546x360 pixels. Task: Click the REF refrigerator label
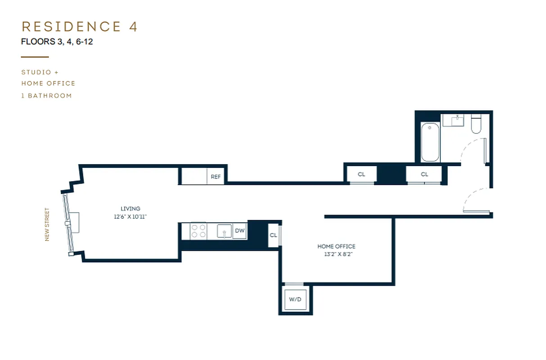pos(216,177)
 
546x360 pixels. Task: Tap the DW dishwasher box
pos(240,231)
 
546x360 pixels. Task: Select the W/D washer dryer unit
pos(295,299)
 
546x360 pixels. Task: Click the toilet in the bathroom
pos(476,125)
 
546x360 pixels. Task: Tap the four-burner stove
pos(198,231)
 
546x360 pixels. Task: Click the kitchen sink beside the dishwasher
pos(224,231)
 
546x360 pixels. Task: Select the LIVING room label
pos(131,209)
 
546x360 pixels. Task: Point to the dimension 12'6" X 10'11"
pos(131,216)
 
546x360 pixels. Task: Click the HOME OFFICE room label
pos(336,246)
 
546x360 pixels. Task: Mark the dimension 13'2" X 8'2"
pos(336,254)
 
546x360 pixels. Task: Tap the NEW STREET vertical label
pos(47,224)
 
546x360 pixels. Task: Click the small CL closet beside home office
pos(274,235)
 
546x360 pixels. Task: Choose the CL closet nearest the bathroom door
pos(424,174)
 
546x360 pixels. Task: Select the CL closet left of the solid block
pos(361,174)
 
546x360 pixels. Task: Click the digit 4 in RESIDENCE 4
pos(133,27)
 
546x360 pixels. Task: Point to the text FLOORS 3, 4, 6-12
pos(57,42)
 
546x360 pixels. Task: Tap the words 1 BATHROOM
pos(46,95)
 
